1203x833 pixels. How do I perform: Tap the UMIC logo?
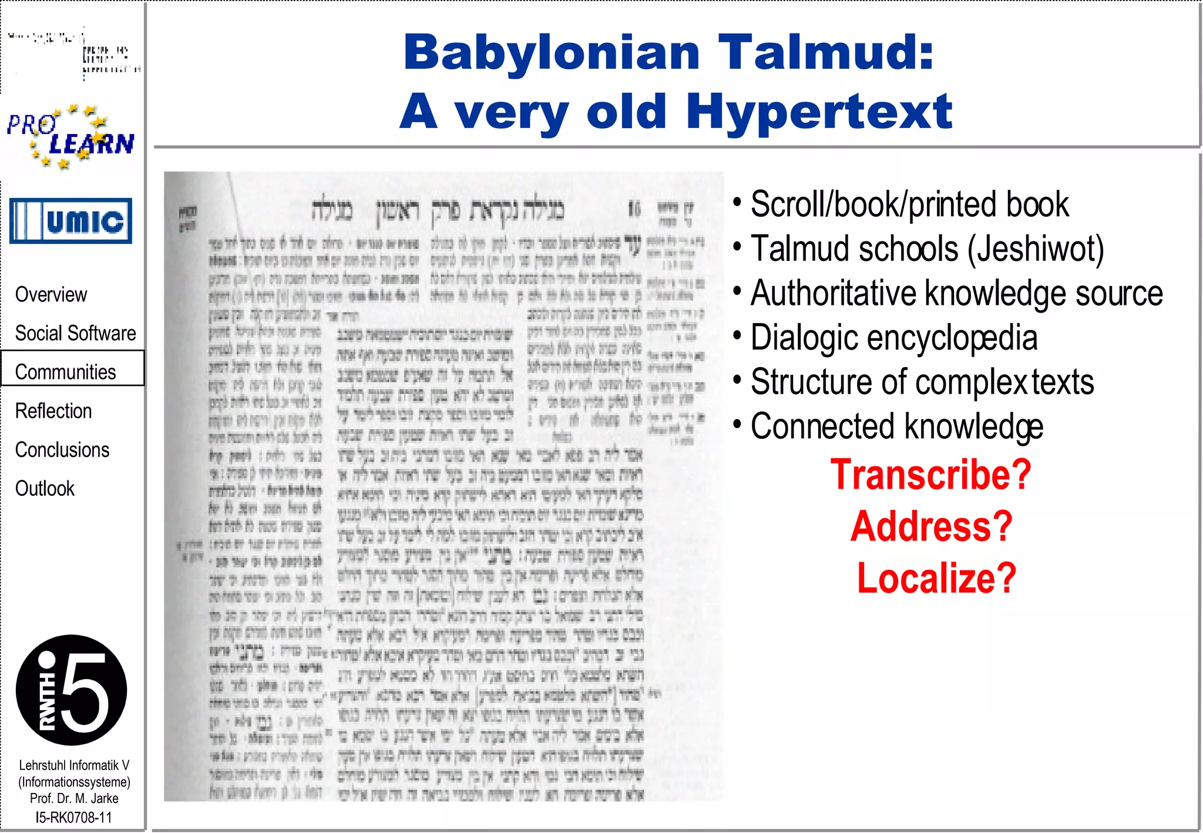click(70, 221)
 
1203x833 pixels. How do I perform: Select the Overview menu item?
click(51, 294)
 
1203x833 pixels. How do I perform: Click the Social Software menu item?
click(75, 333)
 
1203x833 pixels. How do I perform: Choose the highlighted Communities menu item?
click(66, 372)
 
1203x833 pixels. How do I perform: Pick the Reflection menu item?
click(53, 411)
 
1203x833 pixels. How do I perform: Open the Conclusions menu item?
click(62, 449)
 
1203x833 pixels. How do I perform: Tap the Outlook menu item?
click(45, 488)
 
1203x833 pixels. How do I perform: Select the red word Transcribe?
click(930, 474)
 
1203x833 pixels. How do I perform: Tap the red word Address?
click(932, 526)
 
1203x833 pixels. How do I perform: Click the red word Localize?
click(936, 577)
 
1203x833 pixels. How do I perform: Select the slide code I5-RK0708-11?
click(73, 817)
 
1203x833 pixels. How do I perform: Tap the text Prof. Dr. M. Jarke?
click(74, 798)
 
